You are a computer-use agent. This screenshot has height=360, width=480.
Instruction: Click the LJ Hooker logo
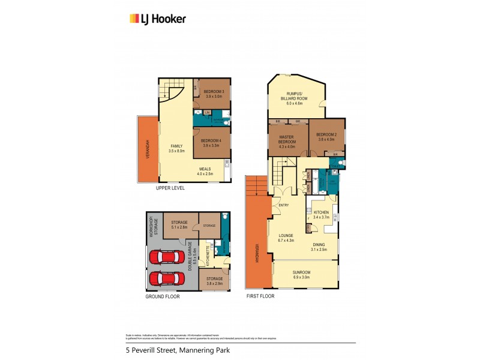[158, 19]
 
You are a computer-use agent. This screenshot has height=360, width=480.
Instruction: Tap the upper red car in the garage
[169, 257]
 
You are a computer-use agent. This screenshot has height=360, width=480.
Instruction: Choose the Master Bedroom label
[286, 139]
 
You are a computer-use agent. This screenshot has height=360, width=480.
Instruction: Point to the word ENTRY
[284, 206]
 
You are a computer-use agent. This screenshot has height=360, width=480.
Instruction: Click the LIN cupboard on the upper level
[207, 112]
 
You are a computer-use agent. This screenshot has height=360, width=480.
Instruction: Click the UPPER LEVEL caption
[170, 188]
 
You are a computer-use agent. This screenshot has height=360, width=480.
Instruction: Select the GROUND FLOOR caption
[163, 296]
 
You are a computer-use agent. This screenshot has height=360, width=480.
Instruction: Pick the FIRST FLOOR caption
[260, 296]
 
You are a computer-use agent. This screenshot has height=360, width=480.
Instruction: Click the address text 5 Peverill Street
[150, 350]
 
